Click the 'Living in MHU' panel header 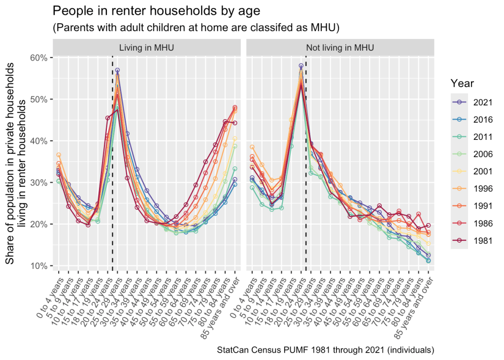pyautogui.click(x=146, y=48)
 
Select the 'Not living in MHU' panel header pyautogui.click(x=340, y=48)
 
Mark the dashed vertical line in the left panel pyautogui.click(x=112, y=163)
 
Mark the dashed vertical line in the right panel pyautogui.click(x=306, y=163)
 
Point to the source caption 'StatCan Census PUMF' pyautogui.click(x=325, y=350)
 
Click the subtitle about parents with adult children pyautogui.click(x=196, y=28)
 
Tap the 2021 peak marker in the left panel pyautogui.click(x=117, y=70)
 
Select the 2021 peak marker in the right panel pyautogui.click(x=301, y=65)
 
